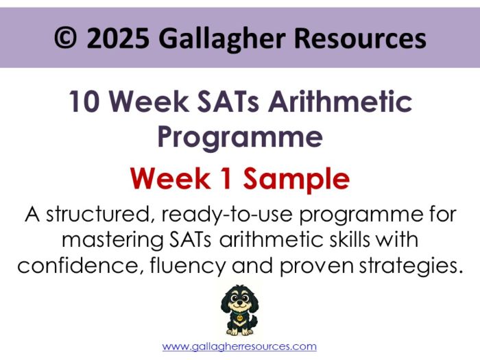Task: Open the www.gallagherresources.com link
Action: point(239,347)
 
